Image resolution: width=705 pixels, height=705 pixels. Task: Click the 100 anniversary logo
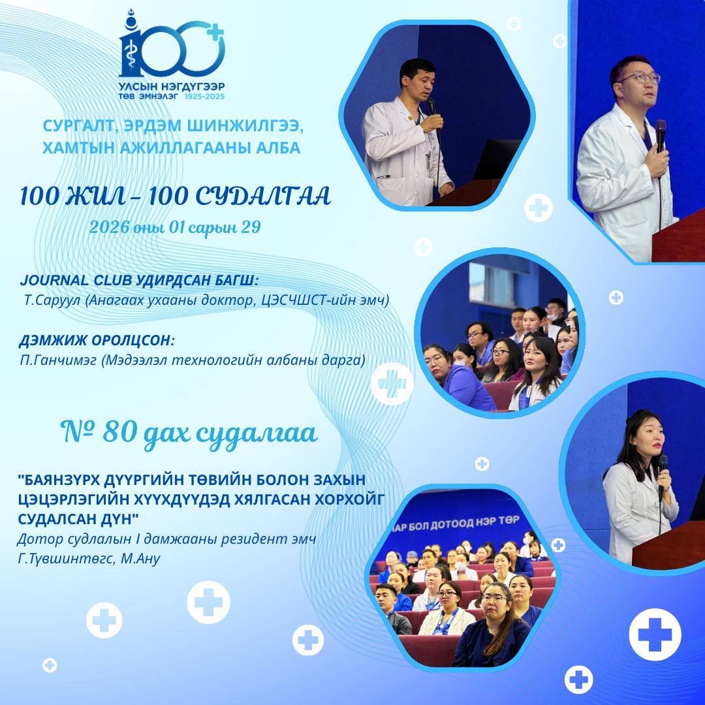tap(171, 54)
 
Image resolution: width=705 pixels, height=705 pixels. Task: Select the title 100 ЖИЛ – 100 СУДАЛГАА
tap(176, 196)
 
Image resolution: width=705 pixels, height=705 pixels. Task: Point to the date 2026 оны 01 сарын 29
tap(175, 227)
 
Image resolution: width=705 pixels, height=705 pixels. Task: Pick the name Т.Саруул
tap(52, 300)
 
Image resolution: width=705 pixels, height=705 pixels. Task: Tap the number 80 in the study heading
tap(119, 432)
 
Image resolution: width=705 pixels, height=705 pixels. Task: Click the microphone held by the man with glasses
tap(660, 135)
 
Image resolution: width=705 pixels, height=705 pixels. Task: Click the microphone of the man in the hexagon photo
tap(431, 106)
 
